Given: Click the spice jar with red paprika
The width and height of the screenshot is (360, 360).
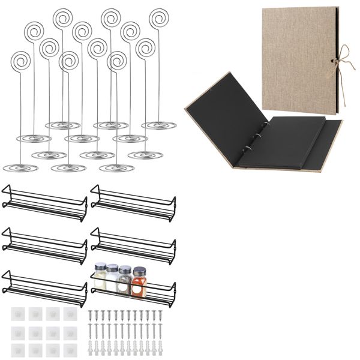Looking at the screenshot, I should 139,280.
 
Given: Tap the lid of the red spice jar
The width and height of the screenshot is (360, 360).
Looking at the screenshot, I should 139,271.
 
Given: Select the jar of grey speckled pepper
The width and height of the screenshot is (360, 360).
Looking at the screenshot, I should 124,280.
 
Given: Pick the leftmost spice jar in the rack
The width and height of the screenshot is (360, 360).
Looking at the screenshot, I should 100,277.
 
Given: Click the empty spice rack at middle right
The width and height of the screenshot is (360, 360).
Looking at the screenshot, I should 133,241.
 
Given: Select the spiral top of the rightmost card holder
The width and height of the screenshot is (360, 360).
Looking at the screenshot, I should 158,17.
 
